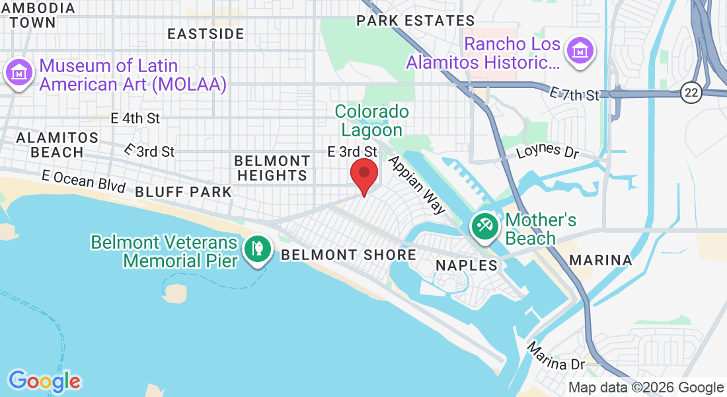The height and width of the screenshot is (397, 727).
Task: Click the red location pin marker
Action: point(363,175)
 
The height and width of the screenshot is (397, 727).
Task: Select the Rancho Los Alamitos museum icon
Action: point(580,50)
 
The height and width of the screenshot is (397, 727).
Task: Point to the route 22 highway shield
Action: point(691,93)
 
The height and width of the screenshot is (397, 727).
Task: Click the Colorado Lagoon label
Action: point(371,120)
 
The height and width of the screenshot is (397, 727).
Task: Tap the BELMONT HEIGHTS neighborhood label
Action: point(272,168)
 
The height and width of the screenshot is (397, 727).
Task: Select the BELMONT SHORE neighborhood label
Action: point(348,255)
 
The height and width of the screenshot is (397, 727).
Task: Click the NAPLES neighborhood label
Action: point(466,265)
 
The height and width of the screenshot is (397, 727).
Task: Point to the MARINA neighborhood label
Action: point(600,260)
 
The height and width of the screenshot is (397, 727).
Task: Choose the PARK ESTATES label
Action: point(415,21)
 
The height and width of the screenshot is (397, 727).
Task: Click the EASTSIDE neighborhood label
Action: point(206,34)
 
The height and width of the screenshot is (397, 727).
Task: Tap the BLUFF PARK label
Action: point(184,192)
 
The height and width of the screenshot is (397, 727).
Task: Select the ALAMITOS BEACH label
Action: point(57,145)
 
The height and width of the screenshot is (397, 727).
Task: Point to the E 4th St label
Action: point(135,118)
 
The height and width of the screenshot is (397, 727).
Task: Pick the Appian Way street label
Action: point(417,185)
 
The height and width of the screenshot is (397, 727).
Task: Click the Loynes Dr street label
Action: point(548,151)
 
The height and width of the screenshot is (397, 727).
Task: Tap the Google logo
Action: point(44,381)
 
